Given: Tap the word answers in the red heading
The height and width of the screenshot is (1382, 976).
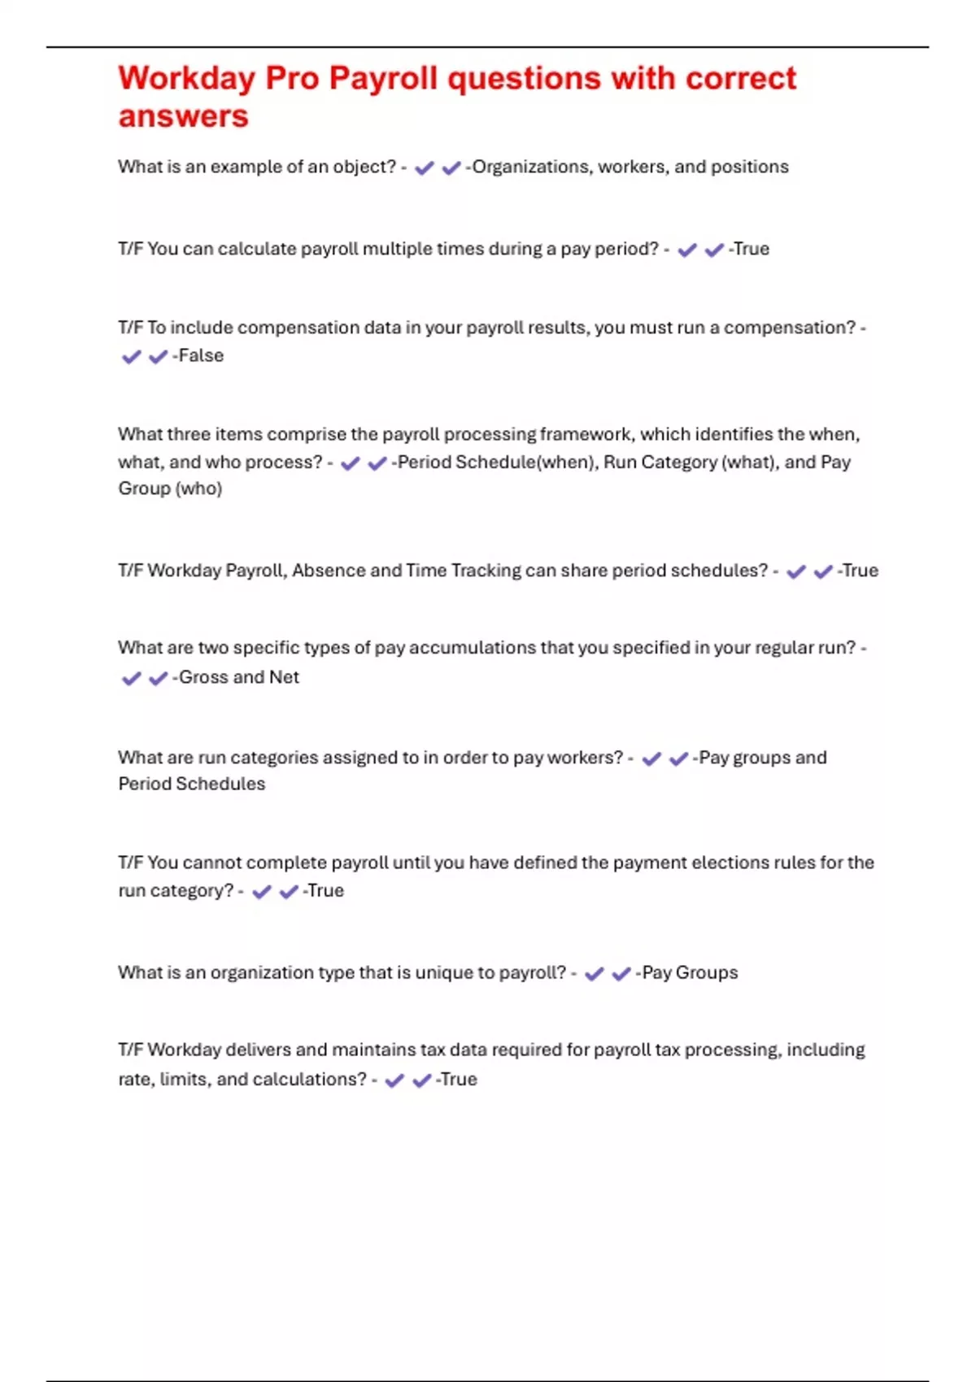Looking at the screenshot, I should (x=183, y=116).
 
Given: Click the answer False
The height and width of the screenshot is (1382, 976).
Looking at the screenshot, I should (x=201, y=355).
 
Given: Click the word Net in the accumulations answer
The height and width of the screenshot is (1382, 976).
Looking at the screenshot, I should (x=284, y=677).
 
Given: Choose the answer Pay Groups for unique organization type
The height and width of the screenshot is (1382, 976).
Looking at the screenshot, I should (x=690, y=972).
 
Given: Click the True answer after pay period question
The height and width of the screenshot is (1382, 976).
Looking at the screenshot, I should (x=751, y=249).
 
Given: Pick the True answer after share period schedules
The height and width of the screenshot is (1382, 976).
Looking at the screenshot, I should (x=860, y=571).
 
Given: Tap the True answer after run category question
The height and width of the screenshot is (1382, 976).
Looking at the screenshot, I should (x=325, y=890).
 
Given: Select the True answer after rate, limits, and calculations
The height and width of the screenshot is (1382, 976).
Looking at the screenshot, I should (x=459, y=1080).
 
